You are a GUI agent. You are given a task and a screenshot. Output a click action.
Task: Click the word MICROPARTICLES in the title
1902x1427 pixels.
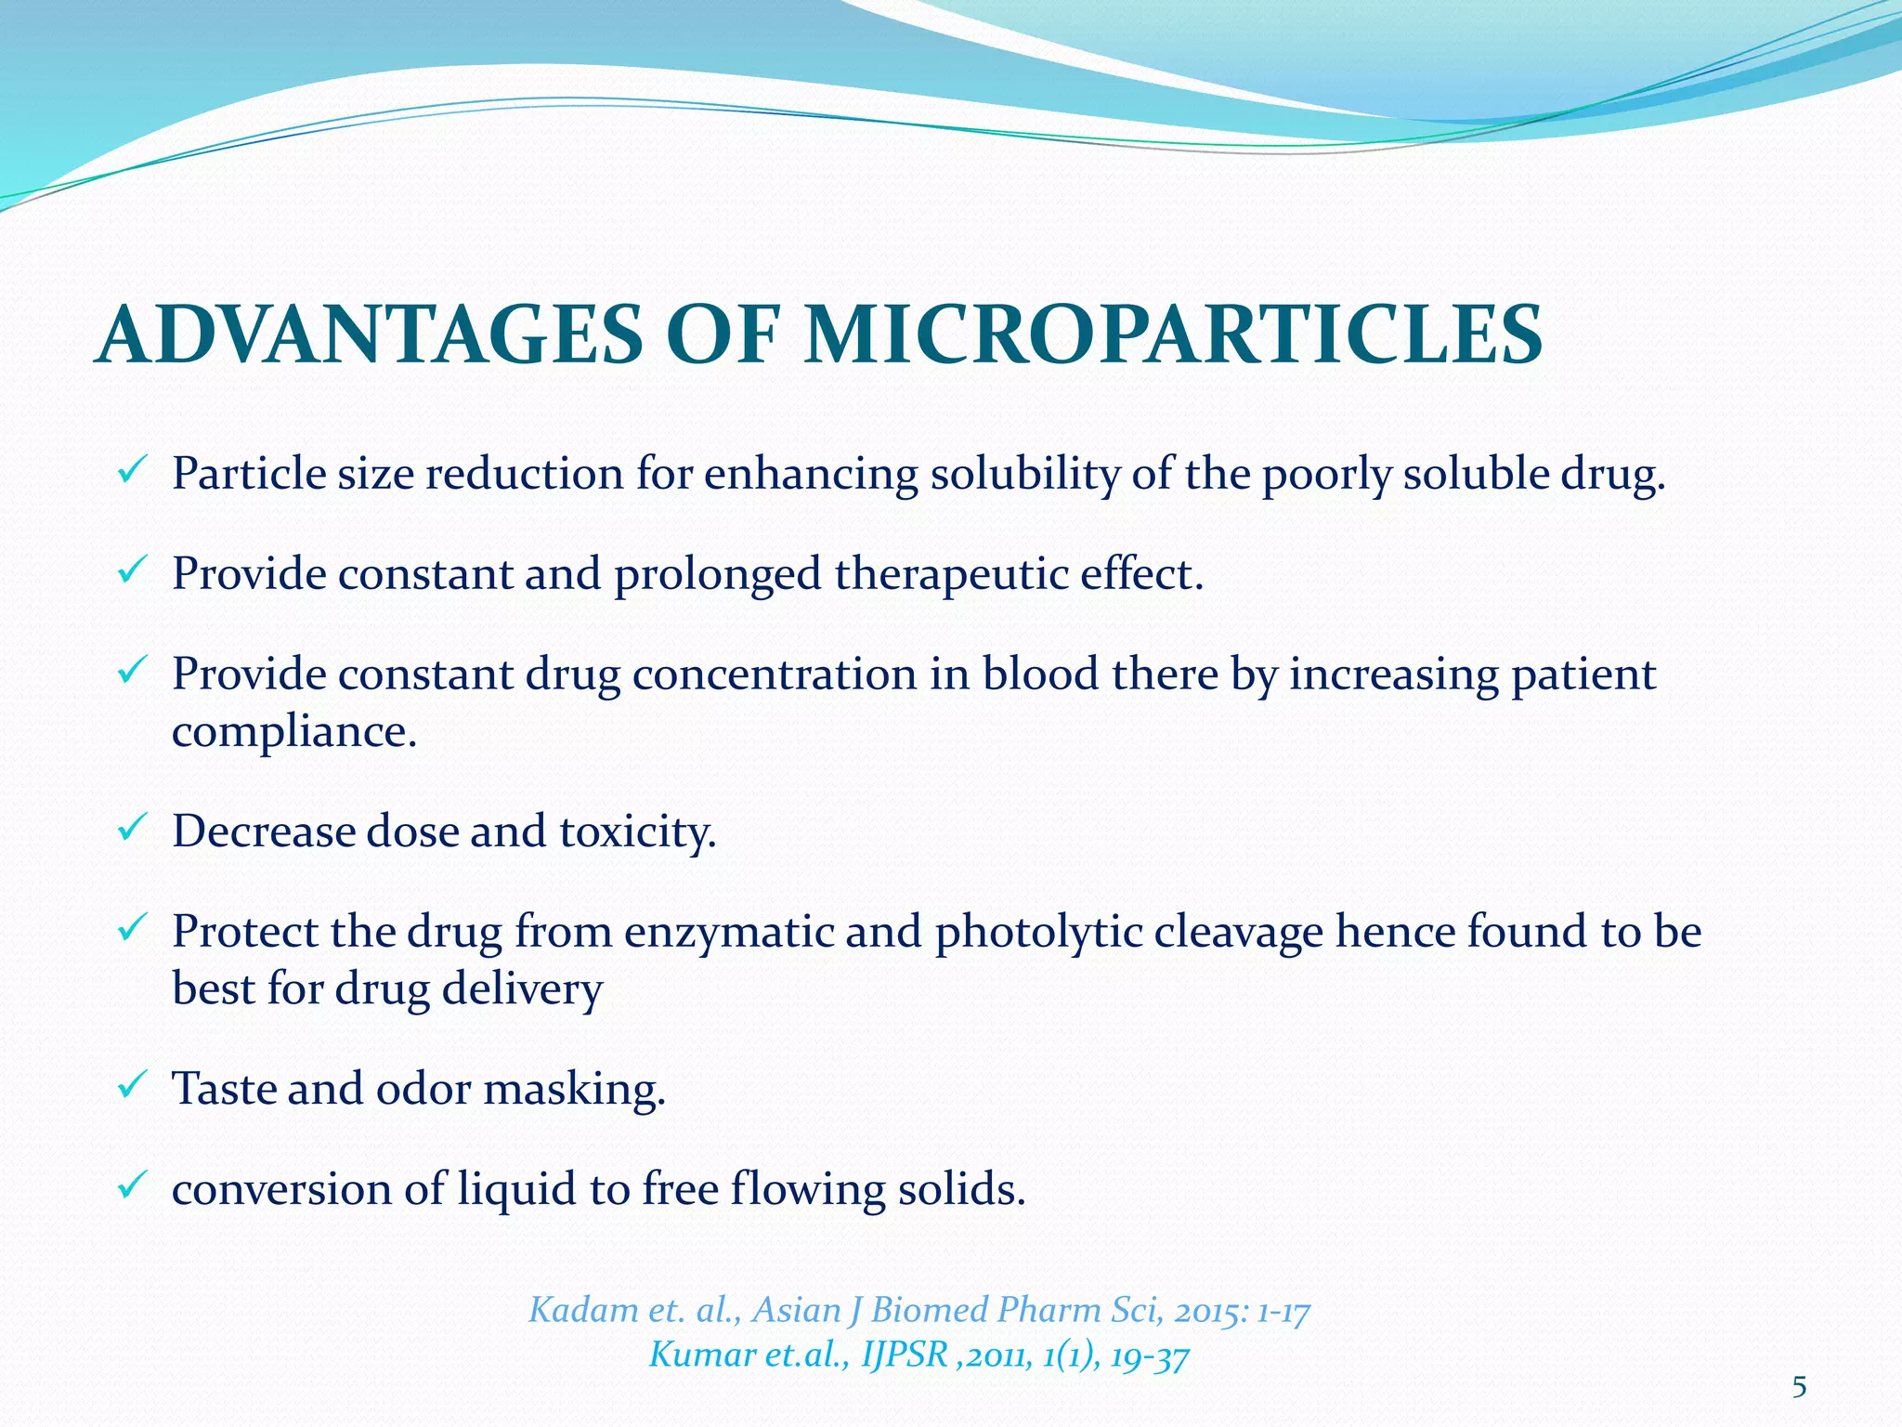1173,335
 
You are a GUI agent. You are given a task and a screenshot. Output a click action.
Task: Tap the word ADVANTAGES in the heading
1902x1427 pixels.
369,335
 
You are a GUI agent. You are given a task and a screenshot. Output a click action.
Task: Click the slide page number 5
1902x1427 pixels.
1799,1388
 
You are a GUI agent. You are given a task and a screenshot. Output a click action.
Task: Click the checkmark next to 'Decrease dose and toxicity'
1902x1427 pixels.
130,824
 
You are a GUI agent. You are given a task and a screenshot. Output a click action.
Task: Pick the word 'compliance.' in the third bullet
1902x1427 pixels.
294,733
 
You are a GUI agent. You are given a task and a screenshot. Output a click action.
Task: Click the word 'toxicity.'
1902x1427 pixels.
638,831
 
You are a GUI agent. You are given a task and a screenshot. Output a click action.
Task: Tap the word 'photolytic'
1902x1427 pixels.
1038,932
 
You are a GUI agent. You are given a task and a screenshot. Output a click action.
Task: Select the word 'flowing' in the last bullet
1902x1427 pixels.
807,1190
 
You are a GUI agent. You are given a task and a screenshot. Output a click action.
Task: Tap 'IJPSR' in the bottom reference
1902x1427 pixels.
905,1355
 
